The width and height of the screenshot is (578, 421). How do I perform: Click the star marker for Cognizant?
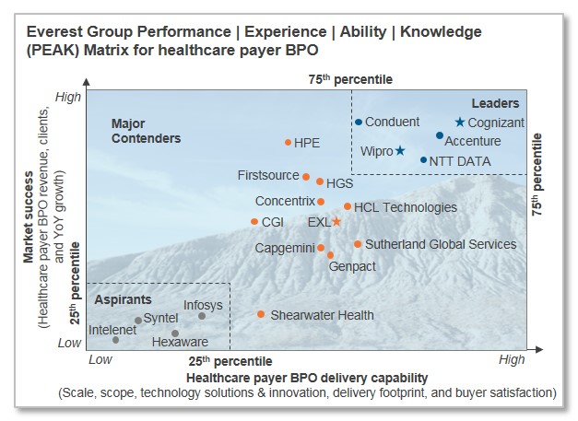pos(459,122)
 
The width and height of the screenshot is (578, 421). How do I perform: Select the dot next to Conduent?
pos(358,122)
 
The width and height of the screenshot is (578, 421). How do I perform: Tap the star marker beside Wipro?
pos(400,150)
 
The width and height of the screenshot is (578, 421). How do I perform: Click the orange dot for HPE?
pos(288,142)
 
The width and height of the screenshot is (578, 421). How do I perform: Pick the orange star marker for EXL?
pos(336,221)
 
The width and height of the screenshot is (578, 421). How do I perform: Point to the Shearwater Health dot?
pos(261,314)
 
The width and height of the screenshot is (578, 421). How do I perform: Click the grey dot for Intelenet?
pos(116,340)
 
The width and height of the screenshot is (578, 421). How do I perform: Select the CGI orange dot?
pos(254,221)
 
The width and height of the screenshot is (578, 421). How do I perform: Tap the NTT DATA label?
pos(460,161)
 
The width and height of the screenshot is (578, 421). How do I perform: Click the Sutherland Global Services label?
pos(440,244)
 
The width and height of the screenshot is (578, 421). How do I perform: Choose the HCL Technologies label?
pos(405,207)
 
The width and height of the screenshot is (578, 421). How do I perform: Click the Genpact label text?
pos(351,265)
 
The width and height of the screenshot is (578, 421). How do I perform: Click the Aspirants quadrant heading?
pos(123,300)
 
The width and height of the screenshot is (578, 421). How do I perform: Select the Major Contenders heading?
pos(145,131)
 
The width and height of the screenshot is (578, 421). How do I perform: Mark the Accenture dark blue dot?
pos(440,135)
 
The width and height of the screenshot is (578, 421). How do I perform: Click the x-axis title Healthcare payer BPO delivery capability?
pos(307,378)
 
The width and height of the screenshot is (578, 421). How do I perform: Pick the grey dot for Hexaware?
pos(175,333)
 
